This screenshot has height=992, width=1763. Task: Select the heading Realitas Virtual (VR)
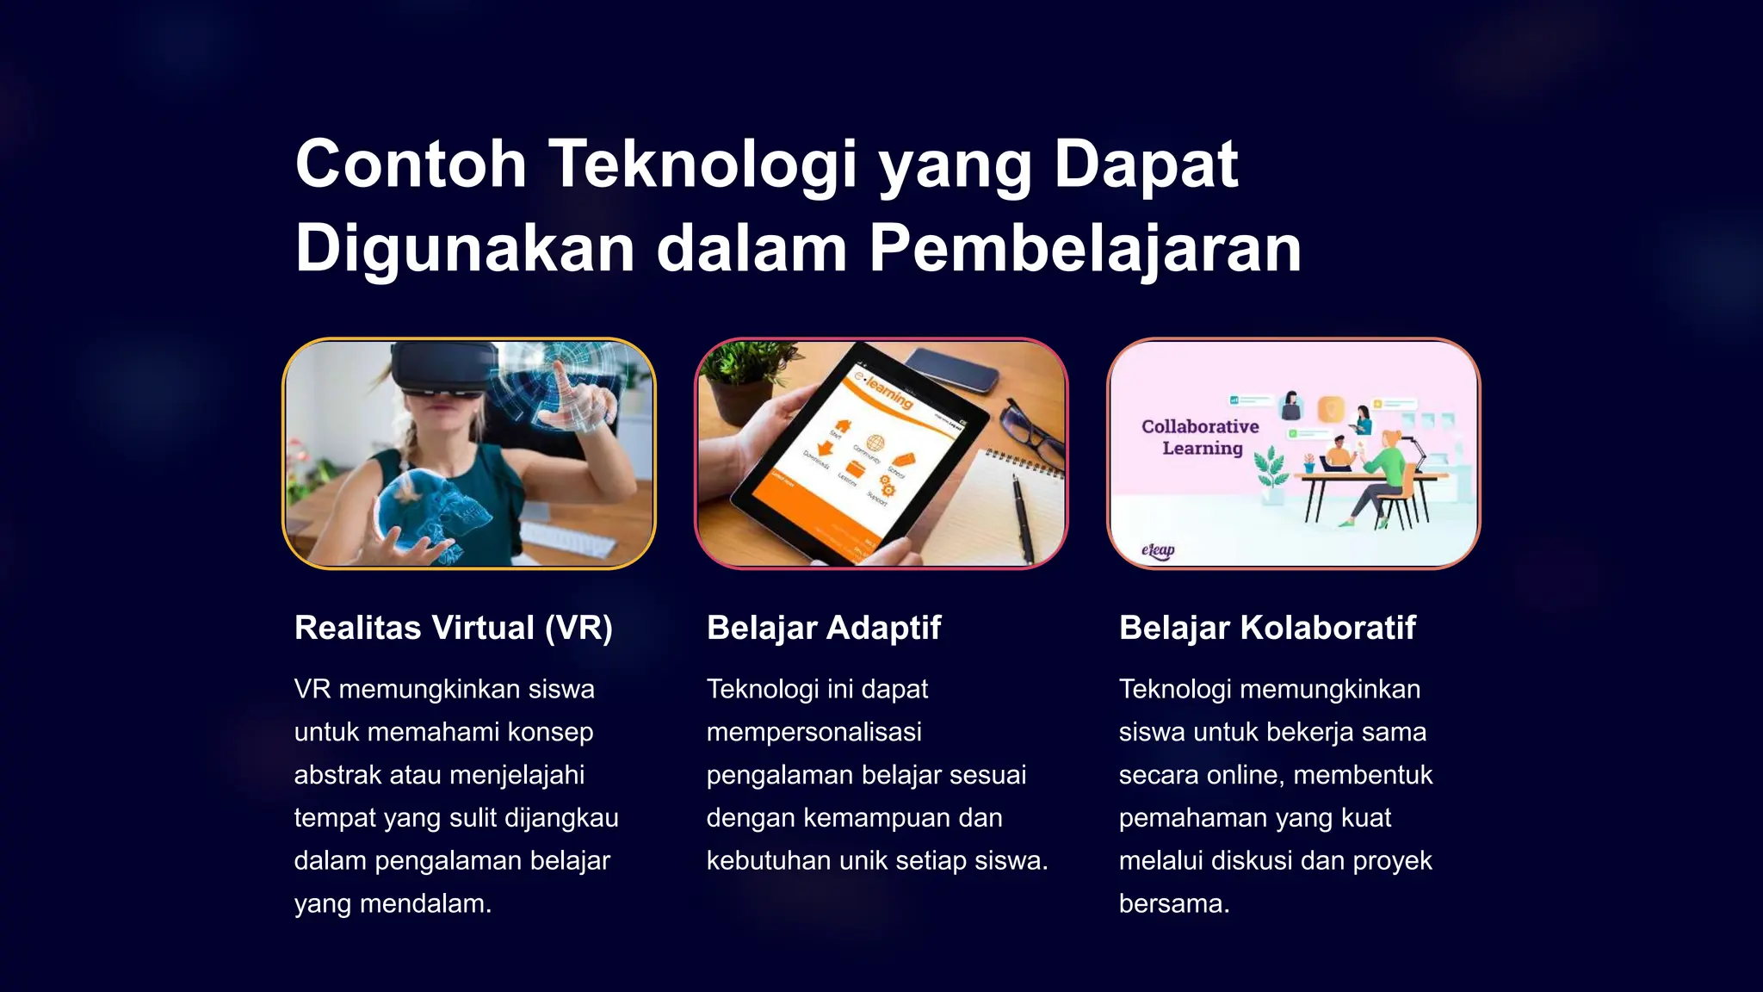pyautogui.click(x=453, y=627)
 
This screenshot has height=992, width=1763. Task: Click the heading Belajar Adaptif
pyautogui.click(x=824, y=627)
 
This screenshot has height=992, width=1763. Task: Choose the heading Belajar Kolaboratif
pyautogui.click(x=1267, y=627)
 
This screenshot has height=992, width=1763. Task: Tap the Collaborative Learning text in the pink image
pyautogui.click(x=1201, y=437)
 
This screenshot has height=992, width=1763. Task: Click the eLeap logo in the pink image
pyautogui.click(x=1158, y=549)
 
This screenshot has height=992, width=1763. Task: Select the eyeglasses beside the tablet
pyautogui.click(x=1033, y=431)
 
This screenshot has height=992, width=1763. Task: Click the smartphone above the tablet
pyautogui.click(x=951, y=369)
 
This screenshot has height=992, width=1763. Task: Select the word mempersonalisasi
pyautogui.click(x=813, y=732)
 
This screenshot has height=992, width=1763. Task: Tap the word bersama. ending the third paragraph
pyautogui.click(x=1174, y=903)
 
